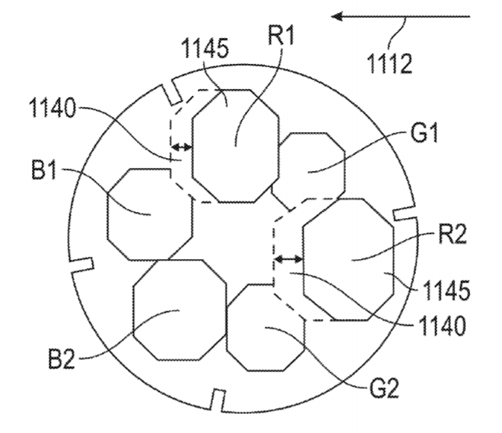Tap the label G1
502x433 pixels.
tap(424, 132)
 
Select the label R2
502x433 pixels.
tap(453, 235)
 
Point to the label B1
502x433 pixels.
tap(44, 169)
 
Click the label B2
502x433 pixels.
tap(62, 359)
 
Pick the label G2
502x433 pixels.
tap(384, 388)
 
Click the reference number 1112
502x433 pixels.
tap(389, 64)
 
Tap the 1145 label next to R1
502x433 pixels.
tap(205, 49)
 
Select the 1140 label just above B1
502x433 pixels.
tap(52, 108)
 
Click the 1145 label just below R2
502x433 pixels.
tap(446, 290)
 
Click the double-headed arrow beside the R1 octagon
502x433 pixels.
tap(182, 147)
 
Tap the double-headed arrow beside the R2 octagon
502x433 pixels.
tap(289, 259)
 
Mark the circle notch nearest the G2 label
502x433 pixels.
tap(218, 400)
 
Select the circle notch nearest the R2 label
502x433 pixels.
tap(405, 214)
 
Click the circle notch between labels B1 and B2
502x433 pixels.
tap(82, 265)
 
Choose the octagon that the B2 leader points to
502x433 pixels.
tap(180, 310)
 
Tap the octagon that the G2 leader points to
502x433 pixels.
tap(265, 327)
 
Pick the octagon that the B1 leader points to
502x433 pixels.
tap(150, 214)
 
